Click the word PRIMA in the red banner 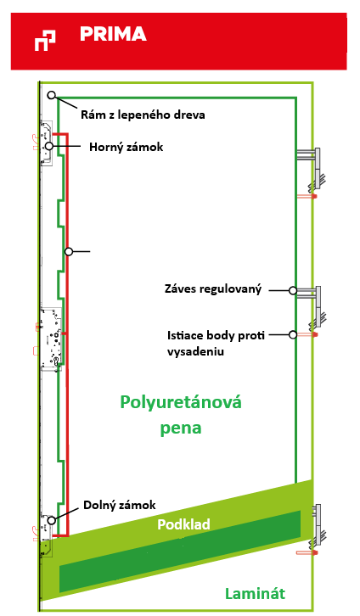pyautogui.click(x=113, y=34)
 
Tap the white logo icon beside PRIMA pyautogui.click(x=45, y=41)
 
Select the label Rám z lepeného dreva pyautogui.click(x=143, y=115)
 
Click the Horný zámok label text pyautogui.click(x=126, y=147)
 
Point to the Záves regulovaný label pyautogui.click(x=212, y=289)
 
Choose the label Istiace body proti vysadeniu pyautogui.click(x=216, y=343)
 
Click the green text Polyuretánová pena pyautogui.click(x=181, y=415)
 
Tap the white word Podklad pyautogui.click(x=183, y=524)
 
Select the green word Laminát pyautogui.click(x=255, y=593)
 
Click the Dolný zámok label pyautogui.click(x=120, y=505)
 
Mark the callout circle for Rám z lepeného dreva pyautogui.click(x=52, y=95)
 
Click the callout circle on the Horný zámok pyautogui.click(x=49, y=146)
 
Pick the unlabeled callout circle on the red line pyautogui.click(x=69, y=251)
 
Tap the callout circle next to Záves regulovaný pyautogui.click(x=293, y=290)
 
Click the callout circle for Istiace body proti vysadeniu pyautogui.click(x=293, y=334)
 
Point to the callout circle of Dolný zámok pyautogui.click(x=52, y=520)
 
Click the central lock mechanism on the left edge pyautogui.click(x=51, y=339)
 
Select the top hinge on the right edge pyautogui.click(x=312, y=168)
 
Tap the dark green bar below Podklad pyautogui.click(x=180, y=552)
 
